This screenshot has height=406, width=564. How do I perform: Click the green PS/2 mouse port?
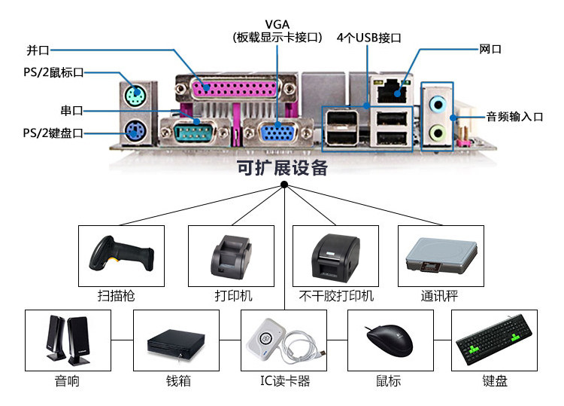[133, 95]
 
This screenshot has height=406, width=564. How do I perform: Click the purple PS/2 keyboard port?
[133, 133]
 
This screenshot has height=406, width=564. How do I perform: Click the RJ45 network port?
[389, 93]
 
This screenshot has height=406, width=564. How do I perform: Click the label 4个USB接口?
[368, 37]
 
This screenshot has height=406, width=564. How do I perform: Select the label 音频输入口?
[514, 116]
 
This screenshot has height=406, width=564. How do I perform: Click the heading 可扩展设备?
[282, 168]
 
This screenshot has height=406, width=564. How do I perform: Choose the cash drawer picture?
[175, 343]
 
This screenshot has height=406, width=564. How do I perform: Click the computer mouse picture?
[389, 343]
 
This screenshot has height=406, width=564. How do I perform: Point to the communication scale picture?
[440, 257]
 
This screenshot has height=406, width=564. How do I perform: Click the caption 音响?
[67, 381]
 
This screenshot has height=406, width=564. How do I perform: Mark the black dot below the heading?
[284, 185]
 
